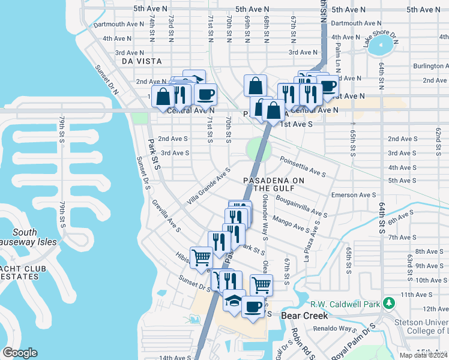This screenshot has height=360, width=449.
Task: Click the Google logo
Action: tap(20, 353)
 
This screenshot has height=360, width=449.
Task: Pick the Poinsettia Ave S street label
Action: tap(303, 167)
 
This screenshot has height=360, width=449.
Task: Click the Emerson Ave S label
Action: tap(353, 195)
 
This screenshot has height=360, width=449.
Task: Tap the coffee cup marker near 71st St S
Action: tap(205, 94)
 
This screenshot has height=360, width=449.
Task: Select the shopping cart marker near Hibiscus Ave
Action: tap(201, 257)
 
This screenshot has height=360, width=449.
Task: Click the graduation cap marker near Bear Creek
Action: tap(234, 299)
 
